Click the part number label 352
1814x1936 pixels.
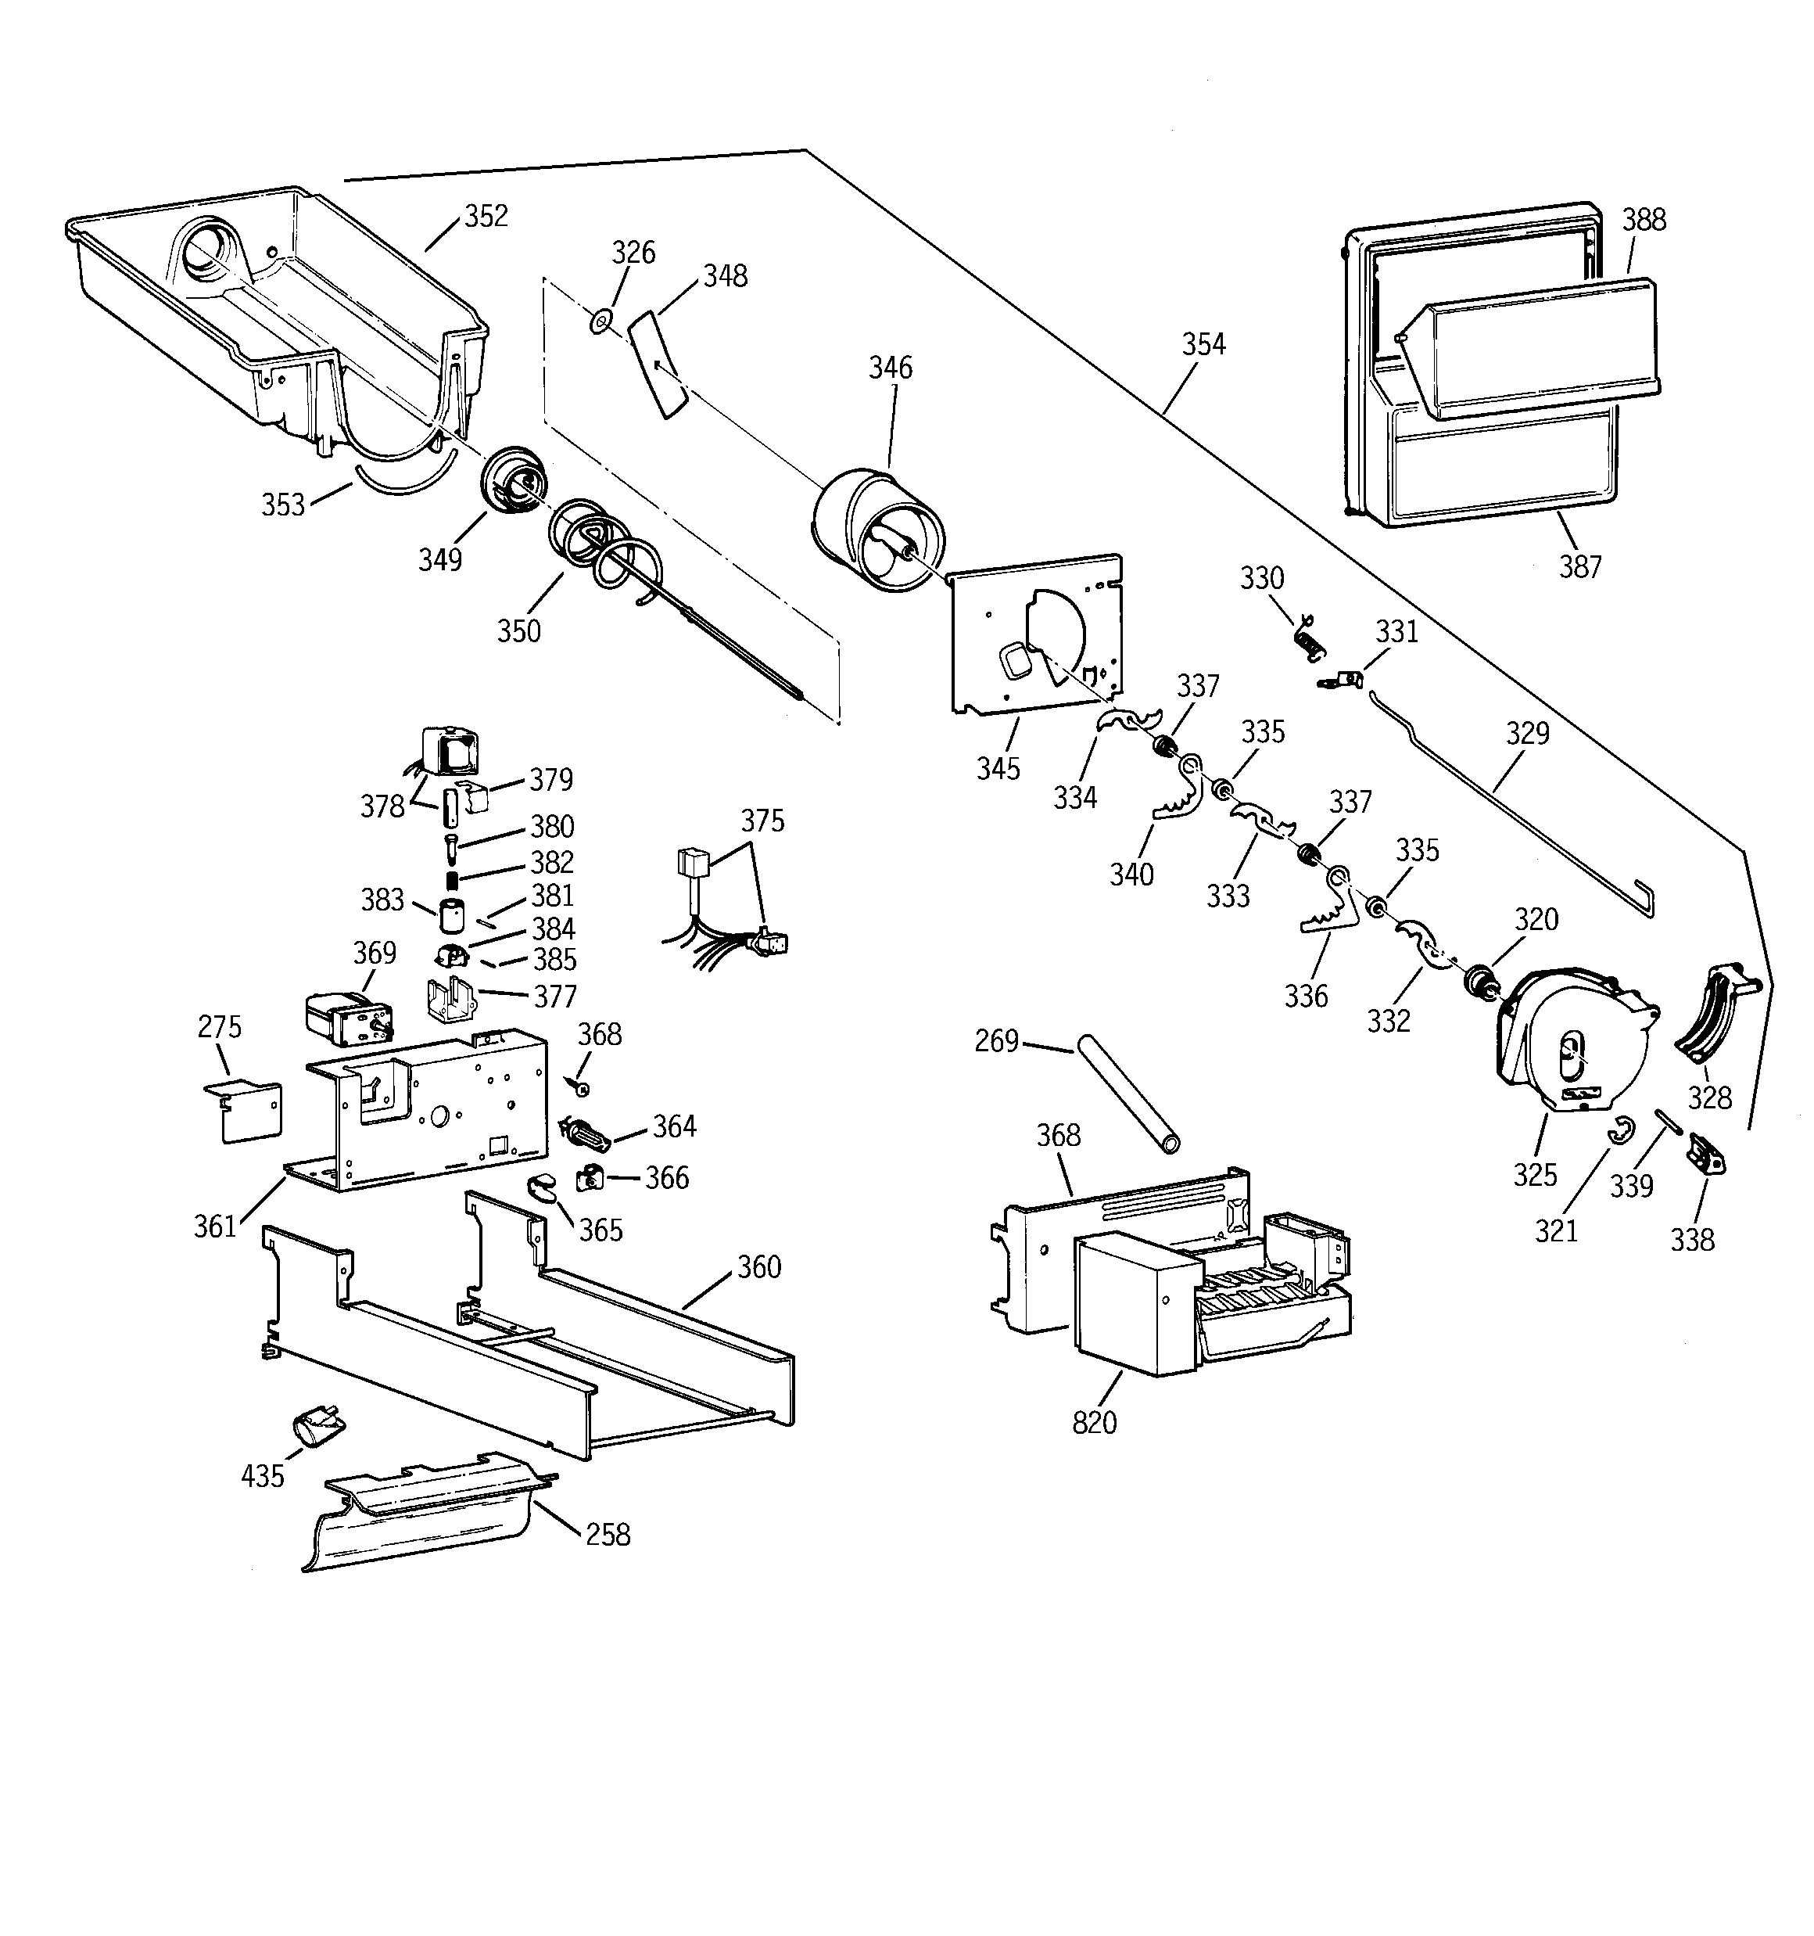486,216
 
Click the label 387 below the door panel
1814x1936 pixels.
1579,567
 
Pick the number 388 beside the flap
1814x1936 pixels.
1644,220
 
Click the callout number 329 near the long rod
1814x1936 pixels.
1527,732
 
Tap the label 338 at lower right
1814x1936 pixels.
1692,1240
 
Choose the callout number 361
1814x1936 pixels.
215,1226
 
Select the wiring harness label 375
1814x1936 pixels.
762,821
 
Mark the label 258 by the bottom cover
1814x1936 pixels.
608,1535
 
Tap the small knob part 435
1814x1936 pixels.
314,1428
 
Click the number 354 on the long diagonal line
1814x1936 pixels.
1203,343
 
